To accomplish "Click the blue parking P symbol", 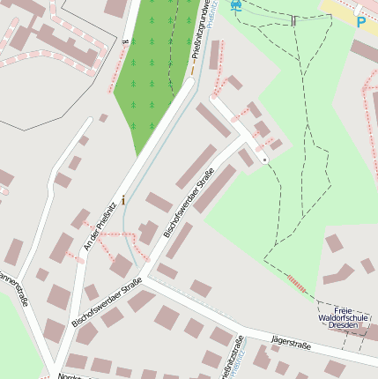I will click(x=360, y=20).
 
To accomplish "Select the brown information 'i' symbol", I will click(x=123, y=200).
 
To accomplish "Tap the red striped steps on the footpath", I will click(x=299, y=282).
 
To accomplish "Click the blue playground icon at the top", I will click(x=234, y=5).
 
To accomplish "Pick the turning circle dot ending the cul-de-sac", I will click(x=263, y=160).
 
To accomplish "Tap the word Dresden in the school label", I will click(x=343, y=325).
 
